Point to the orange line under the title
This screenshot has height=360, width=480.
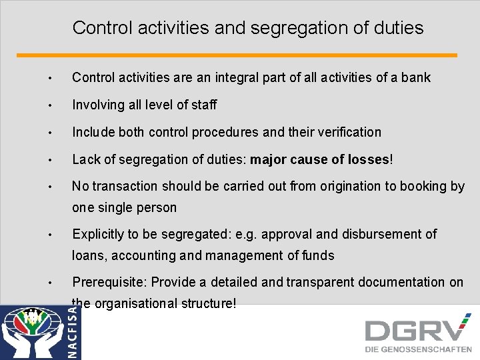point(237,55)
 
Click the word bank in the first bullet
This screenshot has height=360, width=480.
point(416,78)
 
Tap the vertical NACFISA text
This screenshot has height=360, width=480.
point(74,331)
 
